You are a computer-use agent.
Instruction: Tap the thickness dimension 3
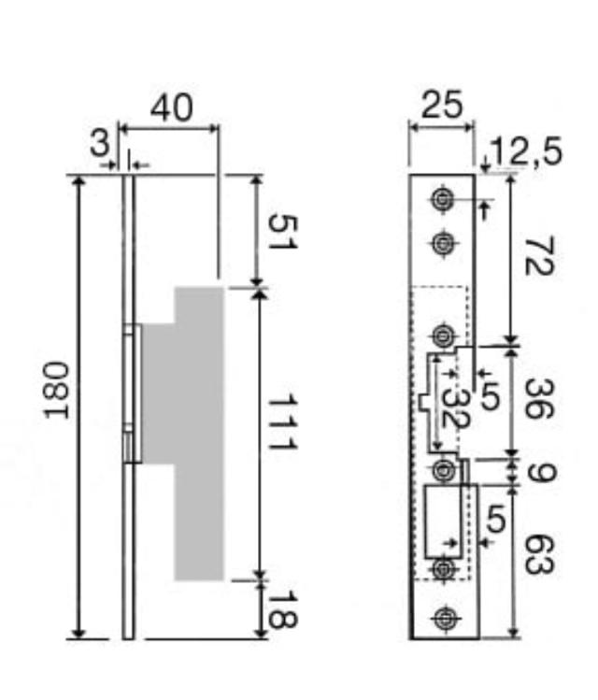click(x=99, y=144)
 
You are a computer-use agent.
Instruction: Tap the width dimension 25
click(x=441, y=106)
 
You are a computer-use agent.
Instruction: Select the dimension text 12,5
click(x=528, y=150)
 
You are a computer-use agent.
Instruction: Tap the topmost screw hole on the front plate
click(x=442, y=198)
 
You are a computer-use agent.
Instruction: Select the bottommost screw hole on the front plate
click(x=443, y=618)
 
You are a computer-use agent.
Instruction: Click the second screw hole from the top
click(x=442, y=243)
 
